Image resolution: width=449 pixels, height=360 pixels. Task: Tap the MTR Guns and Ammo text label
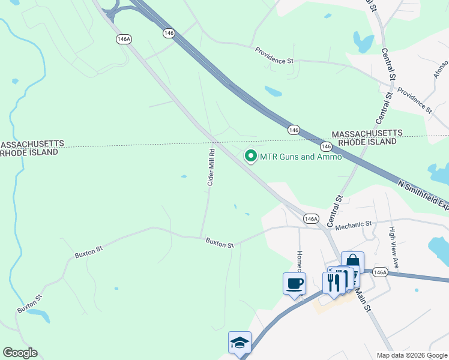tap(300, 157)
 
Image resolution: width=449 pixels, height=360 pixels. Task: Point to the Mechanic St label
tap(354, 225)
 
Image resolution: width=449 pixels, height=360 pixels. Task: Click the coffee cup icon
tap(294, 283)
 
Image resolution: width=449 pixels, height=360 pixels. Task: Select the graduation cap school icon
tap(240, 343)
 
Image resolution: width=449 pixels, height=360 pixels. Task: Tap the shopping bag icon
tap(352, 262)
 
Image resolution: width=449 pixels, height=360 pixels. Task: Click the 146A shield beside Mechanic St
tap(311, 219)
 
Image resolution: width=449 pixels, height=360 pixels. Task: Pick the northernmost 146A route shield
tap(124, 38)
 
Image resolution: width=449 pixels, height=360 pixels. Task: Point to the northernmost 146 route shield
tap(169, 34)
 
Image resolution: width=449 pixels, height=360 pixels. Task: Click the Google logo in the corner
tap(20, 353)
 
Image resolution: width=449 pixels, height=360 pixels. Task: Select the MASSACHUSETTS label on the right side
tap(367, 133)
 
